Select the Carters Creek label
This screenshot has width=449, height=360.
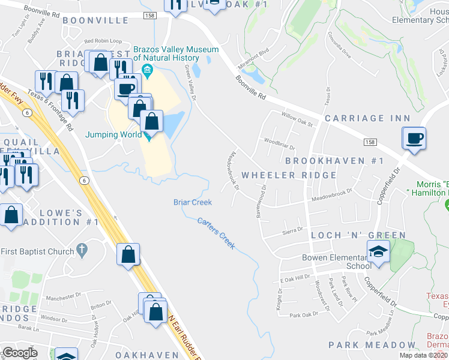click(x=216, y=233)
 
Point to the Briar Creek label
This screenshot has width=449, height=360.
click(x=193, y=202)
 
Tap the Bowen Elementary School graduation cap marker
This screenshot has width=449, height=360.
click(x=379, y=251)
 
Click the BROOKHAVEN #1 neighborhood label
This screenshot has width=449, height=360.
click(x=334, y=161)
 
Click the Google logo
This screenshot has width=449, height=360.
click(x=20, y=353)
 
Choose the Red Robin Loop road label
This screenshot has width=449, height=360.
click(x=103, y=41)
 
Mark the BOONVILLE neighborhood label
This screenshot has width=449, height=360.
click(x=95, y=20)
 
